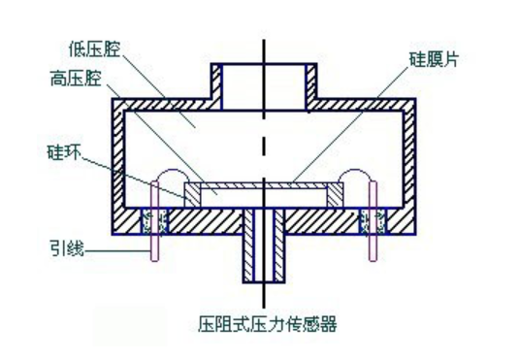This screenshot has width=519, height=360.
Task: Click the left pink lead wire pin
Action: (x=151, y=243)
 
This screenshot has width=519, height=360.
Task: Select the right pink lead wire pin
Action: (x=373, y=243)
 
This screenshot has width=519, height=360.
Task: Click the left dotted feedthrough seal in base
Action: (x=151, y=222)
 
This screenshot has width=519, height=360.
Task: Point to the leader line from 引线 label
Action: (x=116, y=251)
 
